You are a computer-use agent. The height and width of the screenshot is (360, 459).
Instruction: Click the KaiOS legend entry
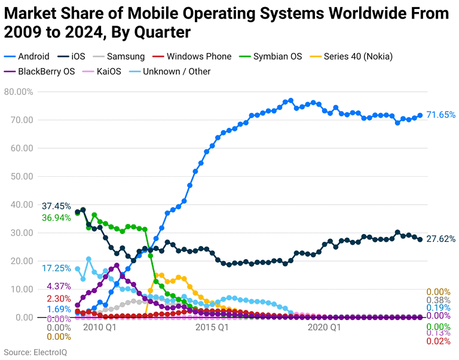coord(108,72)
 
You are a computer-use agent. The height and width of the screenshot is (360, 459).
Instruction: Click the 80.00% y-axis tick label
coord(19,91)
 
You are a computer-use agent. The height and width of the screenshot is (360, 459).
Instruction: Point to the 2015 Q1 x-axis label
coord(212,327)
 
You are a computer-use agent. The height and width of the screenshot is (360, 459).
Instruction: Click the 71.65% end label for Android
coord(441,115)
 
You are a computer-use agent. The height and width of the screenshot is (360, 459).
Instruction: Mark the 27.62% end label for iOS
coord(441,239)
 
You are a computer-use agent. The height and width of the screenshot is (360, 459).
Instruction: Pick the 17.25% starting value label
coord(57,268)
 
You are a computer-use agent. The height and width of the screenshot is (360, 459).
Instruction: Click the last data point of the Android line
coord(420,115)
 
